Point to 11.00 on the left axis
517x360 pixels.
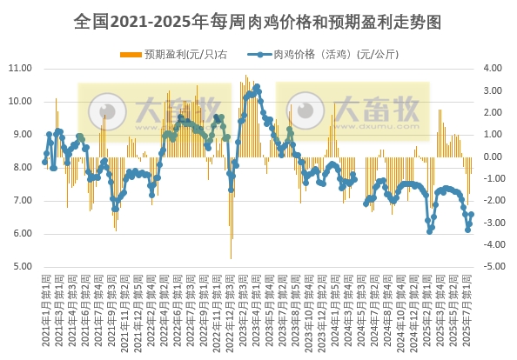coord(20,68)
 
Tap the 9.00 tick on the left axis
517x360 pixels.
coord(20,134)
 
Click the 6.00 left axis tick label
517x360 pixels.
coord(20,234)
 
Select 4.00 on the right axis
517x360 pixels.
coord(492,68)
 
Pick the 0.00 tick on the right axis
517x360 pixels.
coord(492,157)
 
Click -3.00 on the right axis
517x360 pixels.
coord(492,223)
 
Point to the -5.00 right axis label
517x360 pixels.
coord(492,267)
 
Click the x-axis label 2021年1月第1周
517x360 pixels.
coord(45,309)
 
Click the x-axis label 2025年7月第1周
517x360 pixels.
coord(471,309)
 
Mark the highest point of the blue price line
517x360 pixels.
coord(257,87)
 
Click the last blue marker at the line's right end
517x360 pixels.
coord(471,215)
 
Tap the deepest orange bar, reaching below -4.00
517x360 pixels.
coord(231,257)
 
